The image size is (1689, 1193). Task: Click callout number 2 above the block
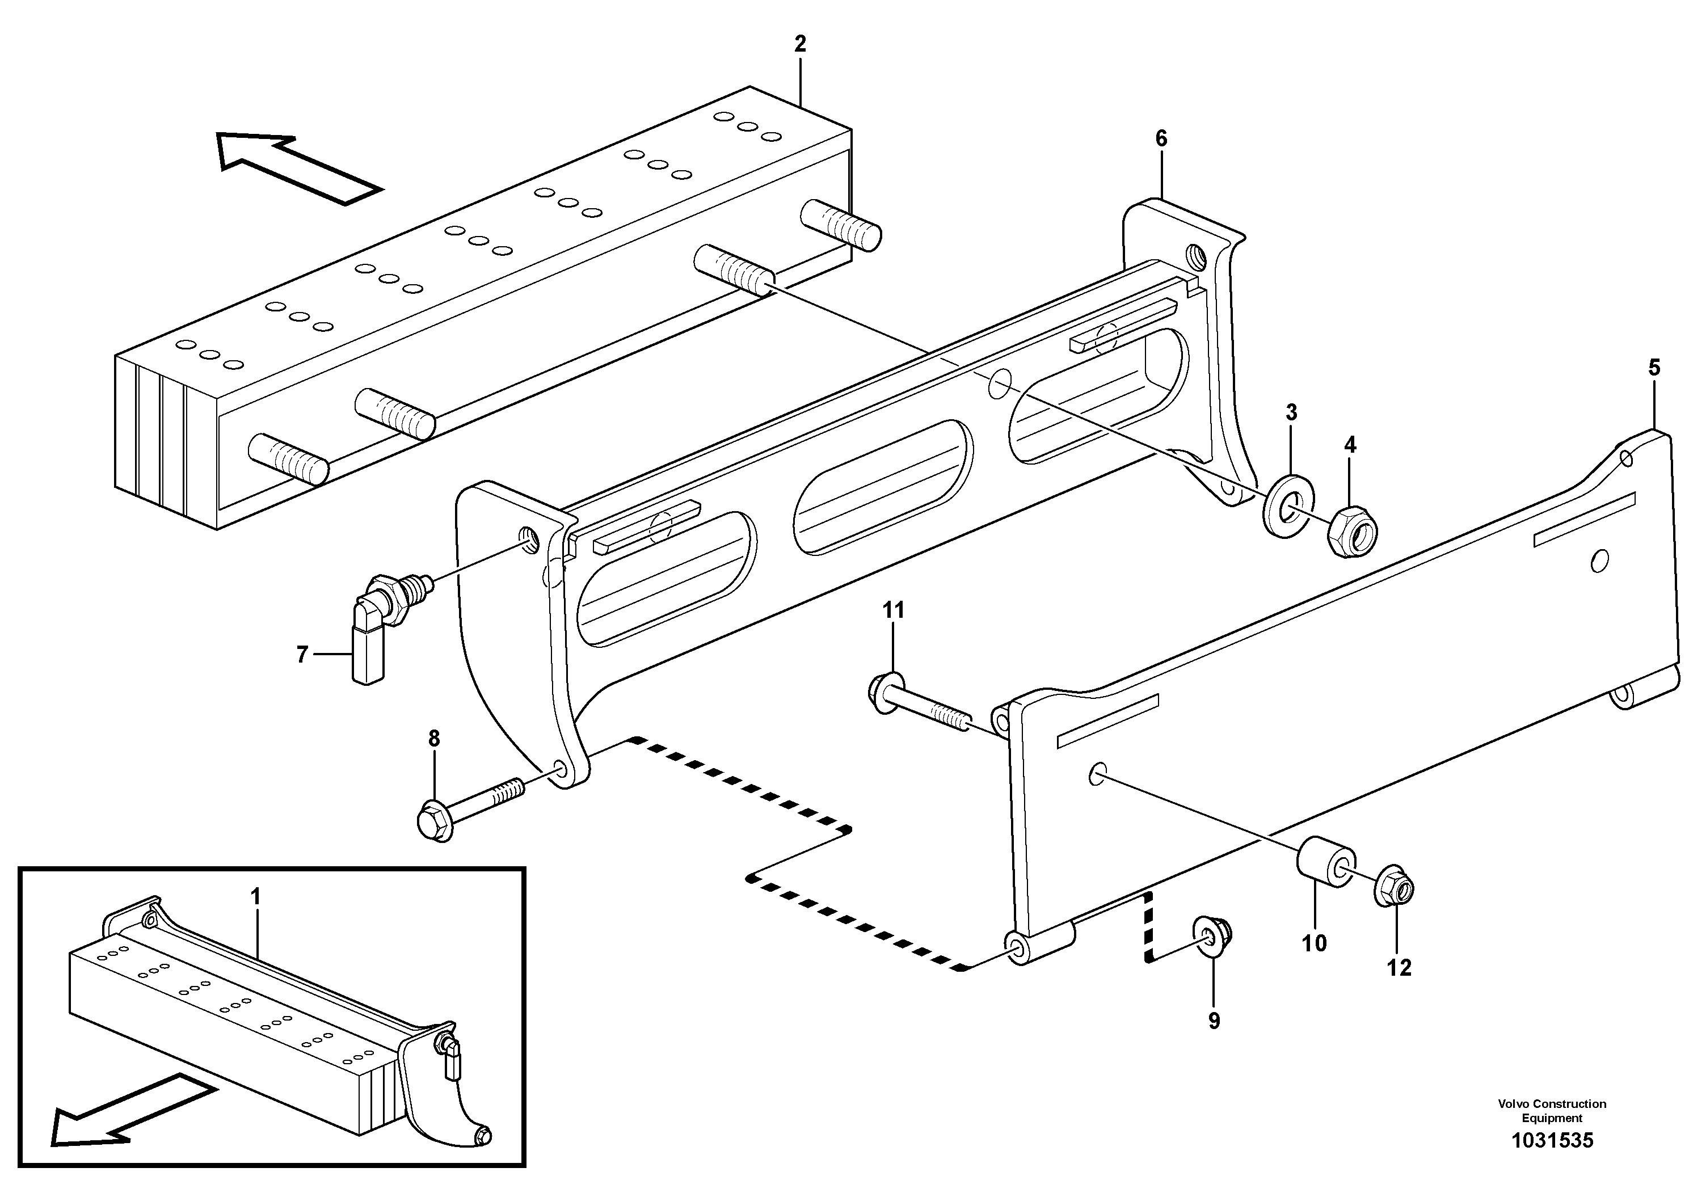click(801, 44)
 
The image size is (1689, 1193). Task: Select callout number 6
click(1161, 138)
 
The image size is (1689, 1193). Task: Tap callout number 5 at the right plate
click(1654, 368)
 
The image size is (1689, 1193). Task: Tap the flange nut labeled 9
click(1214, 935)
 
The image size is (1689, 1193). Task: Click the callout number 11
click(893, 610)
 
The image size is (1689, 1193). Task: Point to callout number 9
click(1214, 1021)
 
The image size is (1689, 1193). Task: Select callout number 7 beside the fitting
click(302, 654)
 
